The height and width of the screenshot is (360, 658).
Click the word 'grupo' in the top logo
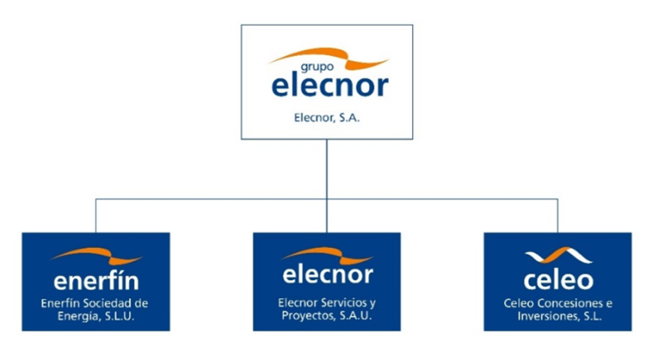317,67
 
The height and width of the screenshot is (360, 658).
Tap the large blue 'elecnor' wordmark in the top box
330,85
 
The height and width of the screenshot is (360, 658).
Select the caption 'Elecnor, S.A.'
327,117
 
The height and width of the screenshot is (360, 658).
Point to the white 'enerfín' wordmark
96,280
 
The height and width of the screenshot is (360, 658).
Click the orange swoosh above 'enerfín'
97,255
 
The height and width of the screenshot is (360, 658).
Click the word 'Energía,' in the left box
80,317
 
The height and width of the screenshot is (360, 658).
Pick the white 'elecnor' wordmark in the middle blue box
328,275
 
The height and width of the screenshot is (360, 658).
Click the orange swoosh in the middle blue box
327,255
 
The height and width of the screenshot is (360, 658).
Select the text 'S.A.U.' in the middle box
355,315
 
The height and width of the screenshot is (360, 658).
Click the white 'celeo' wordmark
558,280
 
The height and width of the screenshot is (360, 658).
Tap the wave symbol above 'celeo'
558,255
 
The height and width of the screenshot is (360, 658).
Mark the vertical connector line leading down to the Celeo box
558,216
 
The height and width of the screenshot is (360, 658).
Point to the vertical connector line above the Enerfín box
96,216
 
